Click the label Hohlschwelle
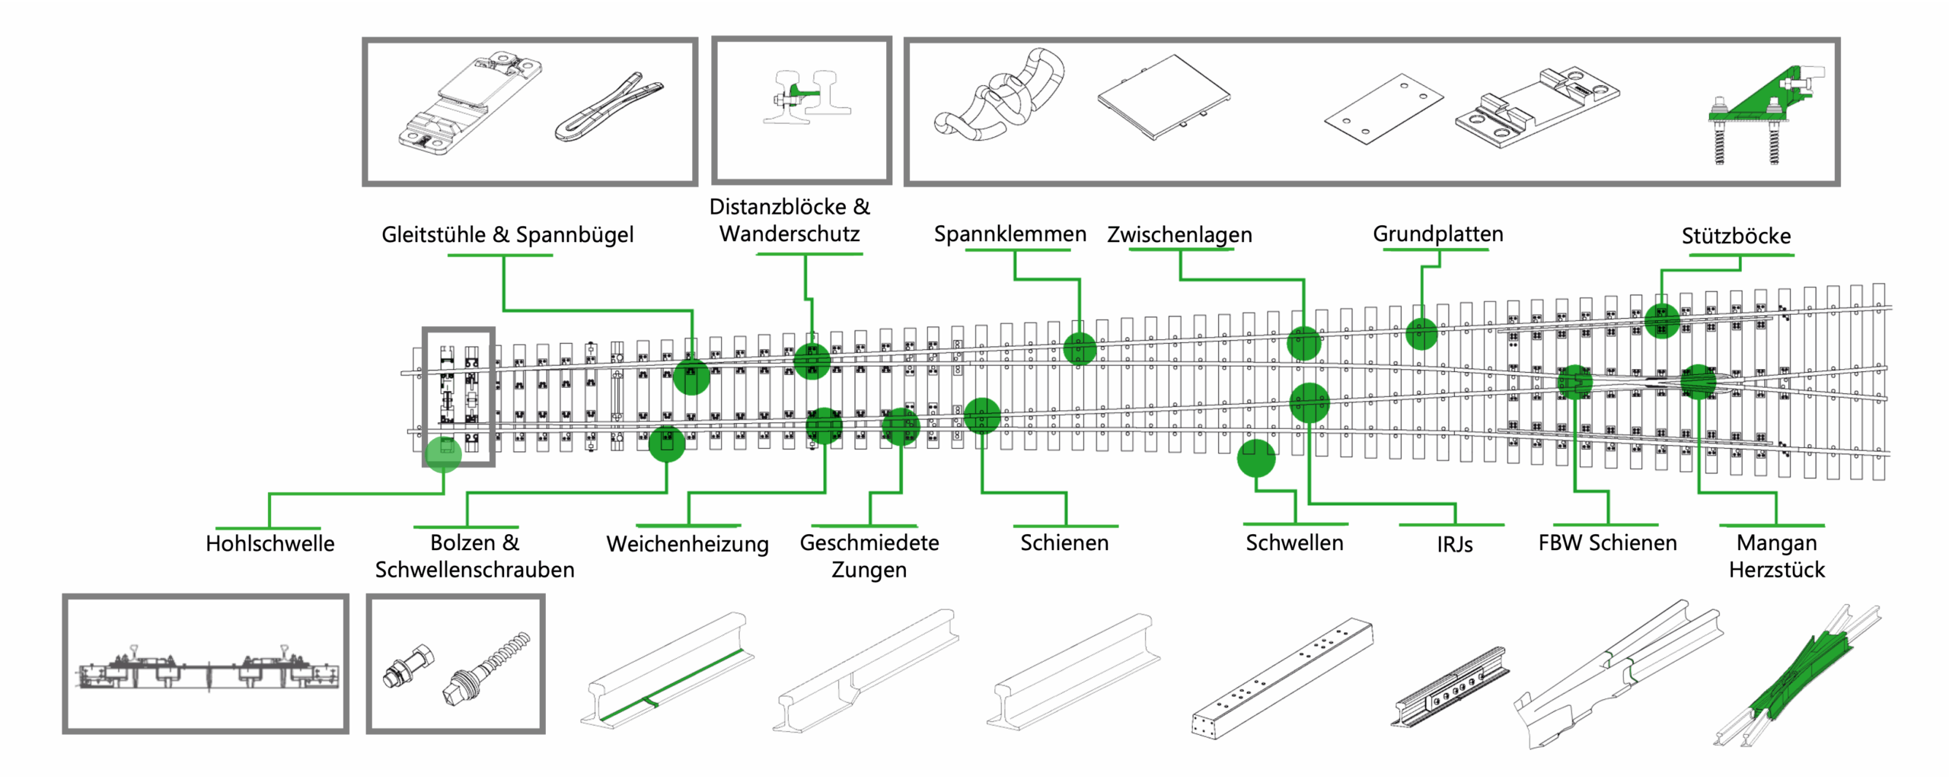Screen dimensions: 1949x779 tap(270, 543)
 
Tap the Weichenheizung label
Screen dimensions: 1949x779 tap(687, 544)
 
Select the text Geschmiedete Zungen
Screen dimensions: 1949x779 tap(869, 556)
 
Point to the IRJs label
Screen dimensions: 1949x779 tap(1454, 544)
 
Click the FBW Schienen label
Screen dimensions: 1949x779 tap(1607, 542)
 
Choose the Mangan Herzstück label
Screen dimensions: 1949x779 tap(1777, 556)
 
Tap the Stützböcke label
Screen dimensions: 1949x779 tap(1736, 236)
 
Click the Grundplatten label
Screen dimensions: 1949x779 tap(1437, 234)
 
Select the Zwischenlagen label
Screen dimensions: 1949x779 tap(1179, 234)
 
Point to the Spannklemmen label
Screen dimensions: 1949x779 tap(1010, 234)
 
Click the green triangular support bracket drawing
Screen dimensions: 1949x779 tap(1766, 114)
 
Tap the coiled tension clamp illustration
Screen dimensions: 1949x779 tap(997, 95)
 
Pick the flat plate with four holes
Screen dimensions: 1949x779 tap(1383, 109)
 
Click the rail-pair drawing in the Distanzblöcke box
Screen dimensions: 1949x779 tap(807, 97)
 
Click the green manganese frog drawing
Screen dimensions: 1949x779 tap(1797, 677)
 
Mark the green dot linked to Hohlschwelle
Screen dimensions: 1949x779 tap(443, 454)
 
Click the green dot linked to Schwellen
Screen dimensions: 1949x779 tap(1255, 458)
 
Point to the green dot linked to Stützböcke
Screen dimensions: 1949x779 tap(1662, 320)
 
